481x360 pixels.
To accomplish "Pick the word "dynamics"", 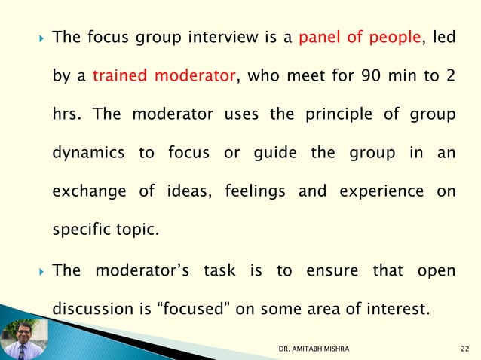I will pyautogui.click(x=87, y=154).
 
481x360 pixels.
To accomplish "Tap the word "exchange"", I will pyautogui.click(x=86, y=192).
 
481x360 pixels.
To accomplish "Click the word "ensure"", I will pyautogui.click(x=334, y=270).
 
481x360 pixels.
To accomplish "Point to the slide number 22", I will pyautogui.click(x=465, y=348).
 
